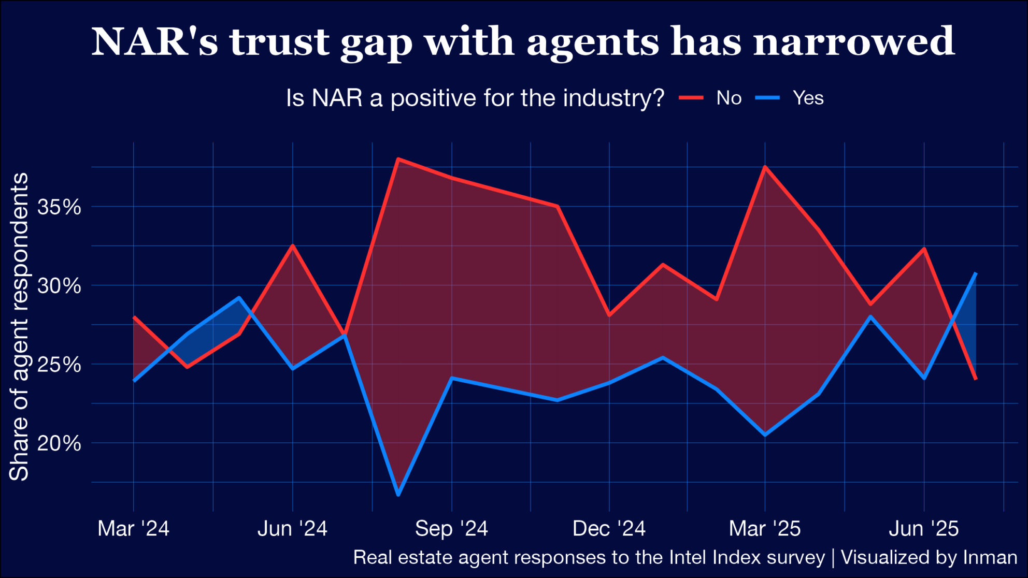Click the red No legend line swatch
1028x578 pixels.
tap(691, 98)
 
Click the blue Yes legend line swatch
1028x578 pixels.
tap(767, 98)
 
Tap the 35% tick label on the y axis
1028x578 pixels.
tap(59, 207)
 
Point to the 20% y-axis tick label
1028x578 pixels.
tap(59, 443)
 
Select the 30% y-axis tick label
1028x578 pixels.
tap(59, 286)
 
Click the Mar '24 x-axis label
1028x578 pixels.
tap(133, 529)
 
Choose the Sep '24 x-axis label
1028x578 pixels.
tap(451, 529)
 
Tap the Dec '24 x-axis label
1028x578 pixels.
tap(609, 529)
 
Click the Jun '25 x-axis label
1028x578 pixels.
tap(924, 529)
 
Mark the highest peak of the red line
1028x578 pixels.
tap(397, 159)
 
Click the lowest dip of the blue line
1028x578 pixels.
tap(398, 495)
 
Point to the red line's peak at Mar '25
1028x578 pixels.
tap(765, 167)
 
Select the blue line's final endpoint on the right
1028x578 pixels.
tap(976, 273)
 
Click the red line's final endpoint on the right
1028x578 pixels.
tap(976, 379)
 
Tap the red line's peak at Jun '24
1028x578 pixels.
tap(293, 245)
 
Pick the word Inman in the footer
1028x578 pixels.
tap(990, 558)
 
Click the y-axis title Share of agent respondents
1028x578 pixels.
tap(19, 326)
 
